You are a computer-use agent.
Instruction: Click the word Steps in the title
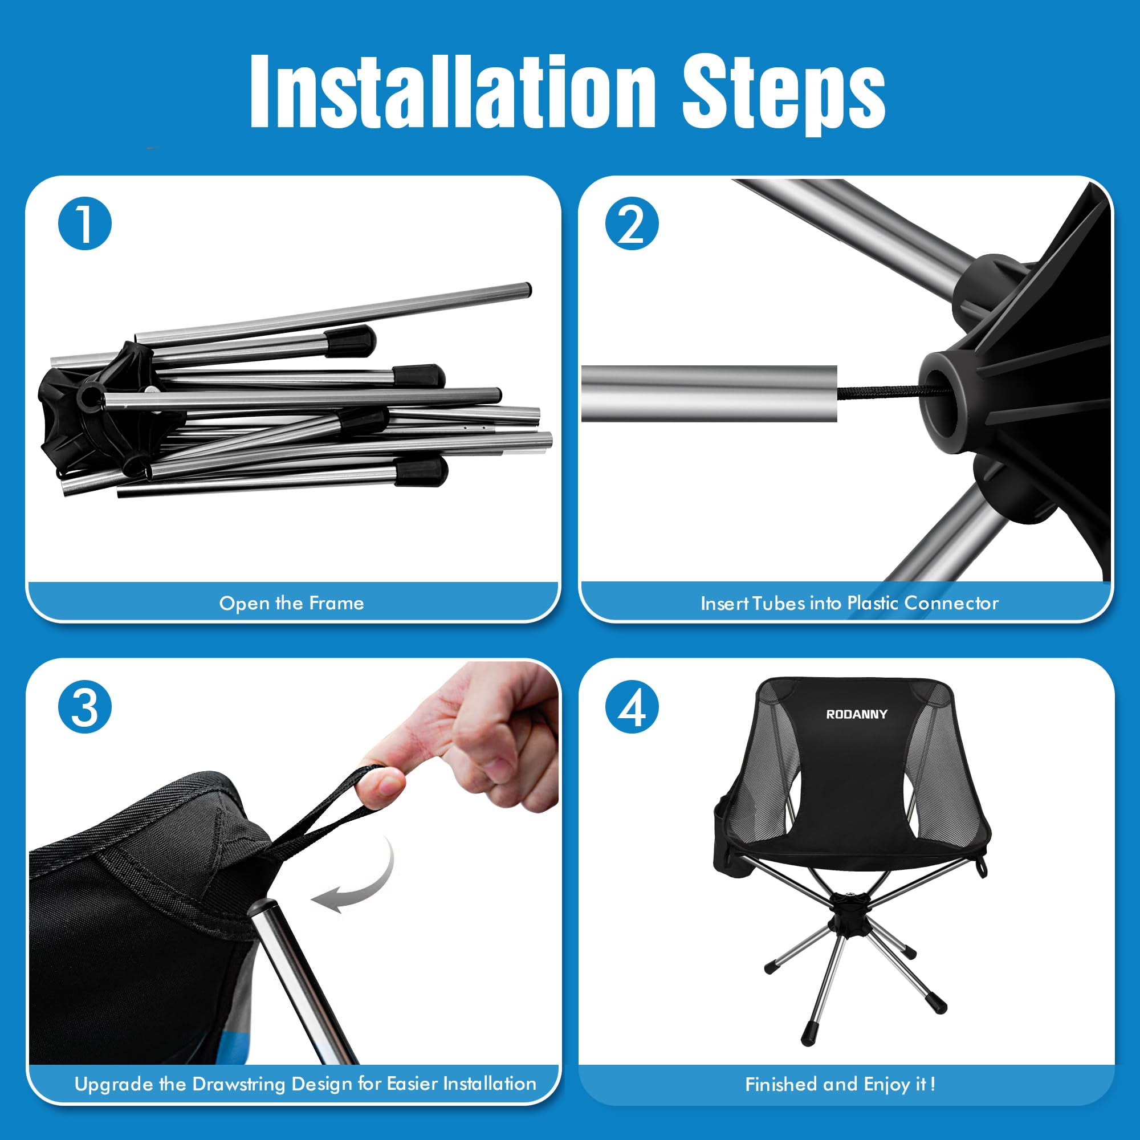tap(784, 95)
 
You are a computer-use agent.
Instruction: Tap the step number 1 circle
tap(85, 223)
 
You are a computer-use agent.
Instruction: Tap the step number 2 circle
tap(632, 223)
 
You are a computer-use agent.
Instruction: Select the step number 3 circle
tap(85, 706)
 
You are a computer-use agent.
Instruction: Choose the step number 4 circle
tap(632, 706)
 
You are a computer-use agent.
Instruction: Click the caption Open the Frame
tap(291, 603)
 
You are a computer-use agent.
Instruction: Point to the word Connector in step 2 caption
tap(951, 603)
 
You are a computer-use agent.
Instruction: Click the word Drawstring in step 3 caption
tap(239, 1084)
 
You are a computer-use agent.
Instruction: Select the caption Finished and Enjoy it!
tap(840, 1084)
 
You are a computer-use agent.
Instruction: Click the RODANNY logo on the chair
tap(857, 715)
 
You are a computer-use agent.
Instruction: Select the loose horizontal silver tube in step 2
tap(709, 393)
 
